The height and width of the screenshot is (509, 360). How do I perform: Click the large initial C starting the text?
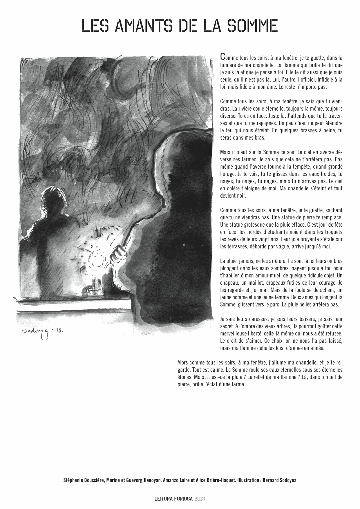[222, 56]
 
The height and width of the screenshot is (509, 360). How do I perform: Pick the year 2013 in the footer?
[200, 499]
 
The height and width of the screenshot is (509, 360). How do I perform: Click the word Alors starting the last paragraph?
[183, 363]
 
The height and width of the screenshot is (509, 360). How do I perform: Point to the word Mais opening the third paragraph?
[225, 152]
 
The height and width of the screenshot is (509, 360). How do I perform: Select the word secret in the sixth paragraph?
[226, 326]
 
